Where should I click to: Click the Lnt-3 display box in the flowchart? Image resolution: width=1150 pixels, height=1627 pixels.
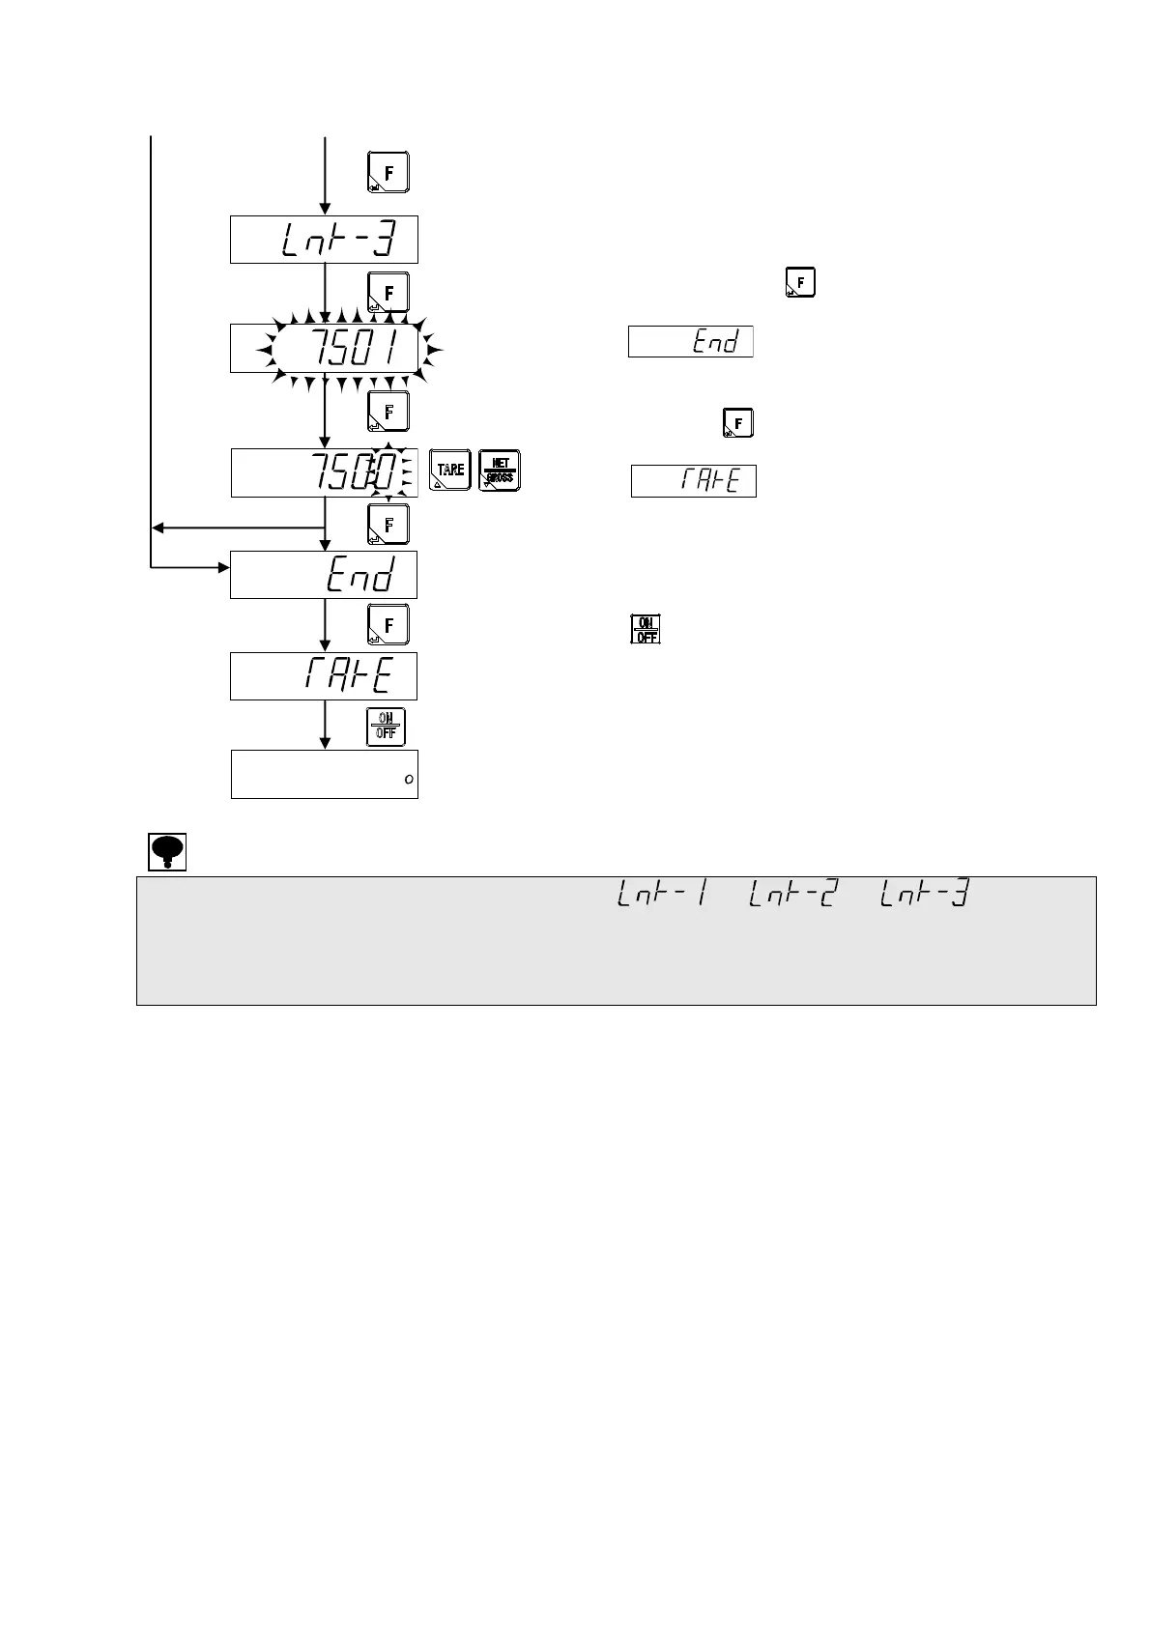[x=324, y=240]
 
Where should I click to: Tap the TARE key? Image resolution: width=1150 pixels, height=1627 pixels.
[x=450, y=471]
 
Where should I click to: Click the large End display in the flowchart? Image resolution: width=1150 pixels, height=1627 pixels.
[x=324, y=576]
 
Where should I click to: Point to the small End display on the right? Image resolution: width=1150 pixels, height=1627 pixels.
[x=691, y=342]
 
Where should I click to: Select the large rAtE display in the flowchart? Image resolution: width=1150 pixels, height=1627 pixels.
[x=324, y=675]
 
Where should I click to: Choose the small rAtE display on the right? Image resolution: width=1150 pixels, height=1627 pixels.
[x=694, y=481]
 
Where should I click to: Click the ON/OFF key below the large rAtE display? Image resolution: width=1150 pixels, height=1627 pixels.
[x=387, y=727]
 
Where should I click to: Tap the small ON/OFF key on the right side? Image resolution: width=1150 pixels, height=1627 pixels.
[x=646, y=629]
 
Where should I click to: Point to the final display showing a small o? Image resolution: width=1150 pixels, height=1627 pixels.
[x=325, y=774]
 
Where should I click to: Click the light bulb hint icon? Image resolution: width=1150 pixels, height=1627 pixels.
[x=167, y=851]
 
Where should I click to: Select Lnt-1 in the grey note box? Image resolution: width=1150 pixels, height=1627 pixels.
[x=660, y=898]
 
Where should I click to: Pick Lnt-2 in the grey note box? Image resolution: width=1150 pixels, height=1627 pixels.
[x=791, y=898]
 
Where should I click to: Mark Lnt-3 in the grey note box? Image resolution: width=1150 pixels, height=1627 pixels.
[x=923, y=898]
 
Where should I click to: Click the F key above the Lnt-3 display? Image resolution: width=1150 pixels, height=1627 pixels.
[x=388, y=172]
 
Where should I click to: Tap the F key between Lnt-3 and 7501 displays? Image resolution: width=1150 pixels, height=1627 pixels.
[x=388, y=292]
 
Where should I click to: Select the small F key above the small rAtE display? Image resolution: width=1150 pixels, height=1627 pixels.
[x=738, y=423]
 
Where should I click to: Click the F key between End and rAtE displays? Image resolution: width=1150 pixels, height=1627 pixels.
[x=388, y=624]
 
